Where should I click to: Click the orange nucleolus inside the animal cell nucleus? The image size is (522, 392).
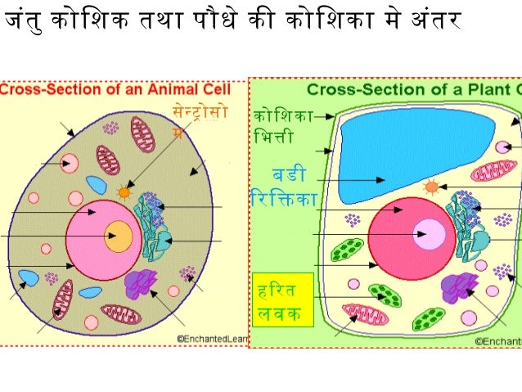118,236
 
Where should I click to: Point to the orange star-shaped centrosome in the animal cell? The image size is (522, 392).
124,192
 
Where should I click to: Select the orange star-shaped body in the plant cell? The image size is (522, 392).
432,187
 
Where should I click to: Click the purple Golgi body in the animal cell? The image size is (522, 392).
140,283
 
